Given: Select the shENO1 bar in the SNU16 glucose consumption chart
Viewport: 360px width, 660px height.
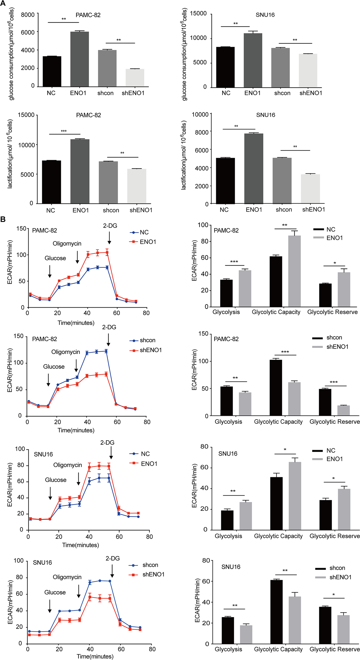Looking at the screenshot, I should click(x=308, y=71).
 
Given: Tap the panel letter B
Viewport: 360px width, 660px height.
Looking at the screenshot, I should click(x=3, y=219).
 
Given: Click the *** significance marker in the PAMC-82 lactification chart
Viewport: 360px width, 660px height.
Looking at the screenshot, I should click(x=64, y=131).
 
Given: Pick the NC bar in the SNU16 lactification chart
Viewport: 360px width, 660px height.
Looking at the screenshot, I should click(x=225, y=181).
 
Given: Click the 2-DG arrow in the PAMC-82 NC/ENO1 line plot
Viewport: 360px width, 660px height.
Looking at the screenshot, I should click(x=109, y=238).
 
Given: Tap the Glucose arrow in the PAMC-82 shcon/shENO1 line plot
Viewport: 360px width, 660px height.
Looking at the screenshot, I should click(x=48, y=380).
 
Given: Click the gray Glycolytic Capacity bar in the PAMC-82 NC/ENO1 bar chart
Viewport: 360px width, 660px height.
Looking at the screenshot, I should click(x=294, y=271).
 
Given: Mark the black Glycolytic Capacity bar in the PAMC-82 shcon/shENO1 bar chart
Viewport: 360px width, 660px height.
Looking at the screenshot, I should click(x=276, y=387).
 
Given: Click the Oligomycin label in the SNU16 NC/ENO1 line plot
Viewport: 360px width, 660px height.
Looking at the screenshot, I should click(x=68, y=465).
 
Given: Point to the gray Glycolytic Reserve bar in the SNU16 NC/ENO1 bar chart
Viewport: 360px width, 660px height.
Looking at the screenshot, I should click(x=344, y=509).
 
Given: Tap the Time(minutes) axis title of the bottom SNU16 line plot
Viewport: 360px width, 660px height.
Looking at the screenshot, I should click(x=95, y=656).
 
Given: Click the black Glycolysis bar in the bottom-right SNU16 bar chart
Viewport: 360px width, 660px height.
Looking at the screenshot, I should click(x=228, y=630).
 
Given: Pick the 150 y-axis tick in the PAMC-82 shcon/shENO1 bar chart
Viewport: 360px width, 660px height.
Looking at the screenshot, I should click(x=203, y=334).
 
